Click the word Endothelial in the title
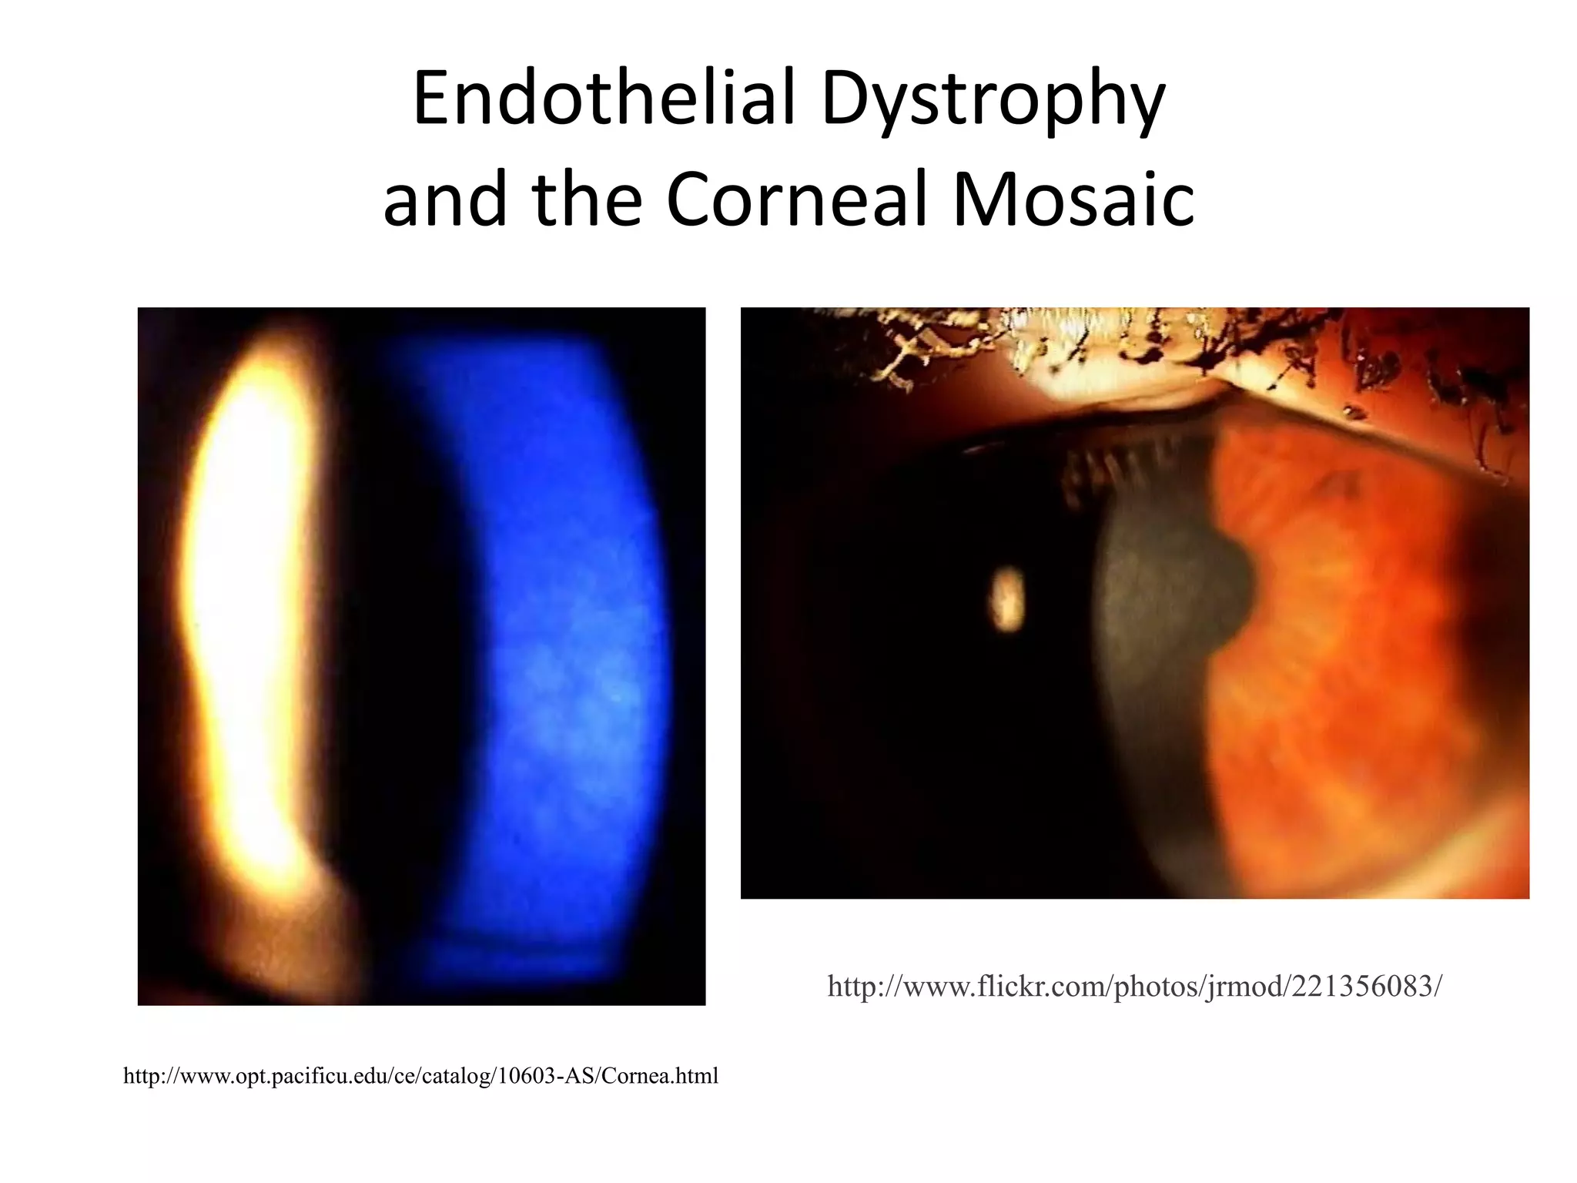[604, 98]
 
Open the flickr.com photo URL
[1134, 986]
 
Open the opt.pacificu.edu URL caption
[420, 1075]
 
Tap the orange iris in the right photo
[1355, 655]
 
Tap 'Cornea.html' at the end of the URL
[659, 1075]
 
